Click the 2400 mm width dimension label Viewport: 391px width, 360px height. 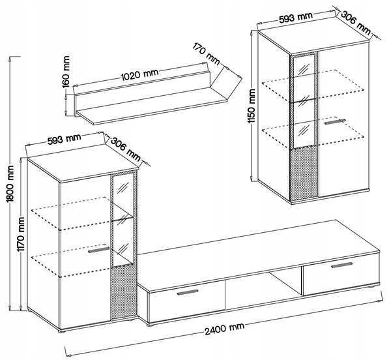[224, 329]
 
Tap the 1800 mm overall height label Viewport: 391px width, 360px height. [10, 183]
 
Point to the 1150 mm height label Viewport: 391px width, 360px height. [252, 106]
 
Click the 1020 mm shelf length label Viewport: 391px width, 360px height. [139, 74]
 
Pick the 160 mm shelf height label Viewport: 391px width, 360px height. [66, 71]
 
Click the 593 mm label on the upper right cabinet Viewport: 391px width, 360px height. [295, 18]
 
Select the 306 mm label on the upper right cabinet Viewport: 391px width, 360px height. [356, 23]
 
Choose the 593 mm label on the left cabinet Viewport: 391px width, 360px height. [65, 139]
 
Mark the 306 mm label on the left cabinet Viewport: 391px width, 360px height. [125, 149]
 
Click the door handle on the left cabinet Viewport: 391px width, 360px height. [99, 250]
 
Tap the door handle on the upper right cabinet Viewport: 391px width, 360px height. [335, 121]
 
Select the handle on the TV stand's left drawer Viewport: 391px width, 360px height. [188, 292]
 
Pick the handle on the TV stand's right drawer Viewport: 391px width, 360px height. [342, 265]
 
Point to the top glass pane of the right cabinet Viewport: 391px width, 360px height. [304, 66]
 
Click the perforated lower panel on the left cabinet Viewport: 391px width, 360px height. [123, 292]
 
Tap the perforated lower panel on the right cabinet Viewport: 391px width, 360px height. [304, 173]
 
